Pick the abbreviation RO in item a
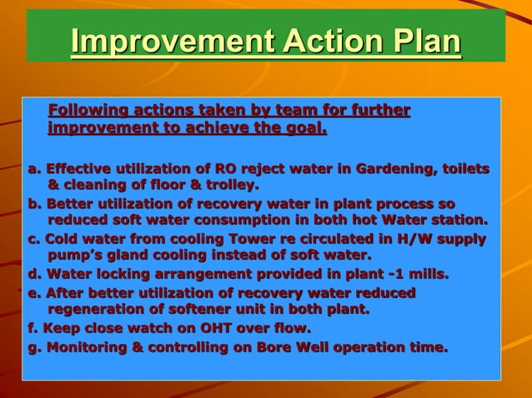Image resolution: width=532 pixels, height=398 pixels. click(226, 169)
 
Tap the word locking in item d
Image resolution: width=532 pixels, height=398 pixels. click(122, 274)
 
